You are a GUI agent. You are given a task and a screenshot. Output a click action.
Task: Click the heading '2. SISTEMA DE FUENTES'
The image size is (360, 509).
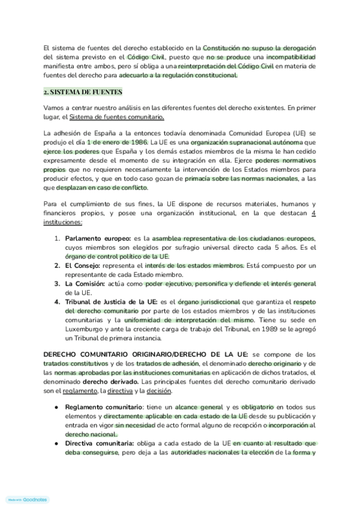pos(83,92)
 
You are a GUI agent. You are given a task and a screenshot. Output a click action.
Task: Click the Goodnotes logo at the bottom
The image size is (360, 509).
pos(27,499)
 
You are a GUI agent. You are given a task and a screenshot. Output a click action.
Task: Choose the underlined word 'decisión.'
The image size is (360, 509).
pos(156,391)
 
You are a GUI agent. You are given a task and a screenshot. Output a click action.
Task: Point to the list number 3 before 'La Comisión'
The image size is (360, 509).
pos(57,283)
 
